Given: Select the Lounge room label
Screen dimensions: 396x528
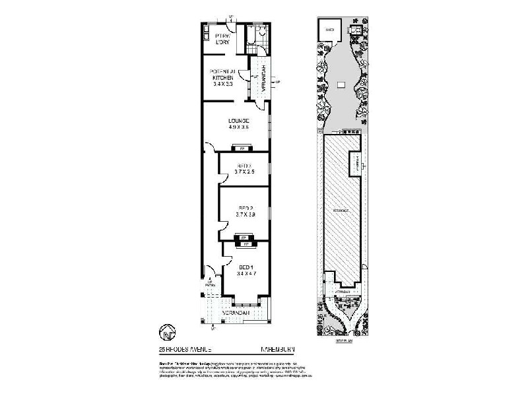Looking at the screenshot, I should [238, 120].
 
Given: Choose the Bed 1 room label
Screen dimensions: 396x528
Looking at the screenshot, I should [246, 267].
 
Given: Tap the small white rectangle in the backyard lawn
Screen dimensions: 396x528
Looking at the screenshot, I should [341, 84].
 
